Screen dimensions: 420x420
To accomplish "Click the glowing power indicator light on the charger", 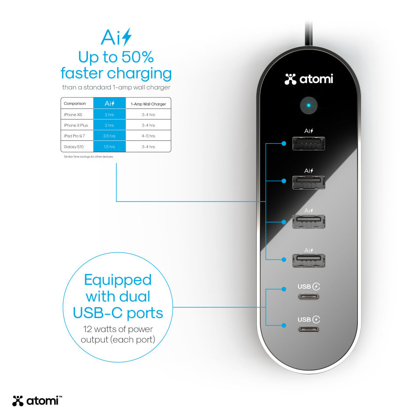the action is pos(308,105).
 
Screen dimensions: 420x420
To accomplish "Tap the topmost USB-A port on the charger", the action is pos(308,143).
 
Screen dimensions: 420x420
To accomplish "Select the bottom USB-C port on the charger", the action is pos(308,329).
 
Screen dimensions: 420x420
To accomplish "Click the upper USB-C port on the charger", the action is pos(308,297).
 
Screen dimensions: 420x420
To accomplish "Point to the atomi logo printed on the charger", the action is pos(308,79).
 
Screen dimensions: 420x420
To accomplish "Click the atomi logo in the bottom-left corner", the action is pos(37,401).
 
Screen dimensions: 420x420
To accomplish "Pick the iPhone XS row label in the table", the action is pos(73,115).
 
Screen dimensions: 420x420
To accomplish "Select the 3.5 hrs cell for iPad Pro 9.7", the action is pos(109,136).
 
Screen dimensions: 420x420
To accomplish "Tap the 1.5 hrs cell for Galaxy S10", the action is pos(109,147).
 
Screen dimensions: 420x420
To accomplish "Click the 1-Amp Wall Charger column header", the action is pos(148,104).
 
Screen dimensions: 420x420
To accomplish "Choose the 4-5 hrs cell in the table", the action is pos(148,136).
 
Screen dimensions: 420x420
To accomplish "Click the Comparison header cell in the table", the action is pos(75,103).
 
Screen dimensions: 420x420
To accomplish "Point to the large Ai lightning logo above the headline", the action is pos(116,37).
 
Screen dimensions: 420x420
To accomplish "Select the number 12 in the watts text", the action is pos(87,329).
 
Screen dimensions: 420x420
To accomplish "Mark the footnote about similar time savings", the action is pos(89,157).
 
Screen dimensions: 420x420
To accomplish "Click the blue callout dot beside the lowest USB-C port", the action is pos(284,325).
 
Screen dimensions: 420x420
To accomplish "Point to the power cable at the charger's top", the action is pos(308,34).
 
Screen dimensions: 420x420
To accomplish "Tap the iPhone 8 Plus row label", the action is pos(76,126).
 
